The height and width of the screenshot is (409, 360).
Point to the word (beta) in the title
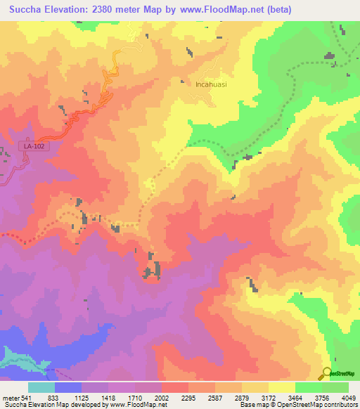275,9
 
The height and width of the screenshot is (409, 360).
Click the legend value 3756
322,397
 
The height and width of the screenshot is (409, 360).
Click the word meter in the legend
11,397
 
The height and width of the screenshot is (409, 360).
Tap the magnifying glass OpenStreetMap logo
327,373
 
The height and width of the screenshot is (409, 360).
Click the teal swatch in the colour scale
41,387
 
